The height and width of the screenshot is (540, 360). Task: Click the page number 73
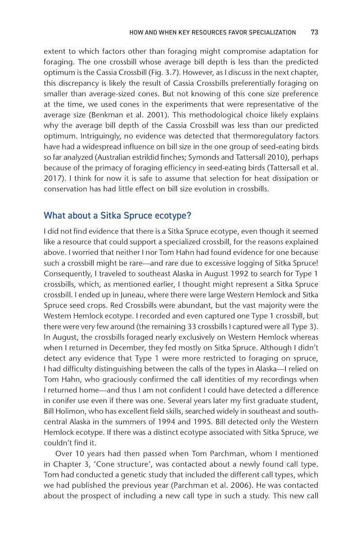(x=314, y=32)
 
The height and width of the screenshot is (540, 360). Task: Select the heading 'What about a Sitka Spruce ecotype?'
(x=117, y=216)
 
